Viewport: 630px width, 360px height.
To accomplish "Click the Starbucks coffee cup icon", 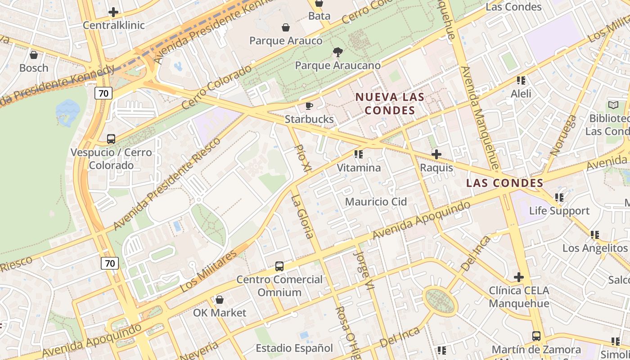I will pos(309,106).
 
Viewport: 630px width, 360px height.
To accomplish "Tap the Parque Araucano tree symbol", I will pos(337,52).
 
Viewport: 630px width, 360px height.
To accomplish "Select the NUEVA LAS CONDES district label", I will pos(390,103).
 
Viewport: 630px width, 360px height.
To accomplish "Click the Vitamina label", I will pos(359,168).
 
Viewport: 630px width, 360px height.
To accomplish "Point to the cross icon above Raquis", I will pos(436,154).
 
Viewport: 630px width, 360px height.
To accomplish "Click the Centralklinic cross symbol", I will pos(113,12).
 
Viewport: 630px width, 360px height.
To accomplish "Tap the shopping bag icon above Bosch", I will pos(33,55).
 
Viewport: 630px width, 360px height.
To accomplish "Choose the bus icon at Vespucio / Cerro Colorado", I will pos(111,139).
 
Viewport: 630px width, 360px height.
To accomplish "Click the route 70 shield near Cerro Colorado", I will pos(103,93).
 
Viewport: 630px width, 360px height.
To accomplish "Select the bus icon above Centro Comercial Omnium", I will pos(279,266).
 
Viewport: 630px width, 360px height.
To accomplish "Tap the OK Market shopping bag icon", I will pos(219,300).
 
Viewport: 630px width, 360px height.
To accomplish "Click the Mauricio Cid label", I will pos(376,202).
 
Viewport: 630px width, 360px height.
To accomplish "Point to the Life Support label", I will pos(559,211).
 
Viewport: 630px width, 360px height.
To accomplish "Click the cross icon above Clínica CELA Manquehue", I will pos(518,277).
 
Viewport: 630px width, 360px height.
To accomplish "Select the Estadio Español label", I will pos(294,348).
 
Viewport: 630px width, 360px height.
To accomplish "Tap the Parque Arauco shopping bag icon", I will pos(285,28).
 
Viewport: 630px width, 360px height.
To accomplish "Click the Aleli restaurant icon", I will pos(521,81).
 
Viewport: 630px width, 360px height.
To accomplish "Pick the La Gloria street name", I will pos(302,216).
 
